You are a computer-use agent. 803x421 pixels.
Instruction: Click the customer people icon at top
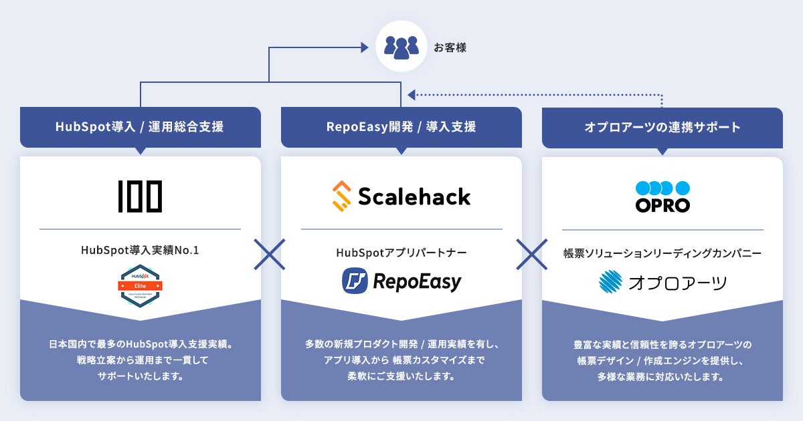click(401, 47)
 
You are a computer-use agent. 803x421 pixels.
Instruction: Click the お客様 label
click(450, 47)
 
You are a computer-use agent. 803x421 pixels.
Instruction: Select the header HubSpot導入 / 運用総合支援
click(140, 126)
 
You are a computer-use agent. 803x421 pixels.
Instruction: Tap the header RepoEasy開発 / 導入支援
click(401, 126)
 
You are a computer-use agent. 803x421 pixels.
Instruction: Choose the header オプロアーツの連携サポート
click(662, 126)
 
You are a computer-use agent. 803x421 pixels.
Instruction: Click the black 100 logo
click(140, 196)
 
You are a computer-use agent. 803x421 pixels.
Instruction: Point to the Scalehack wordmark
click(414, 196)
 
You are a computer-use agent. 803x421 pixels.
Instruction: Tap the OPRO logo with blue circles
click(662, 196)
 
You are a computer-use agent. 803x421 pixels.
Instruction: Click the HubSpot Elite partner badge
click(141, 285)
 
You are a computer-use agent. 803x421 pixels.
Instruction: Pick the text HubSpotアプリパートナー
click(401, 253)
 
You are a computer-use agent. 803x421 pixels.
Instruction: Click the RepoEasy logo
click(401, 281)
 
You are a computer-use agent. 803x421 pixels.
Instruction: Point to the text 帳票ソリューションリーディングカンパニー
click(662, 253)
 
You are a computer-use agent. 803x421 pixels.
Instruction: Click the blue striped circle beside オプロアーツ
click(611, 283)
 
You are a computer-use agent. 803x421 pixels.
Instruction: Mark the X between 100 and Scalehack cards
click(270, 254)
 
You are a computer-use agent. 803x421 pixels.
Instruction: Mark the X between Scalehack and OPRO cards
click(532, 254)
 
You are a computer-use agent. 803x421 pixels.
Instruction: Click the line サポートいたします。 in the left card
click(140, 376)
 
